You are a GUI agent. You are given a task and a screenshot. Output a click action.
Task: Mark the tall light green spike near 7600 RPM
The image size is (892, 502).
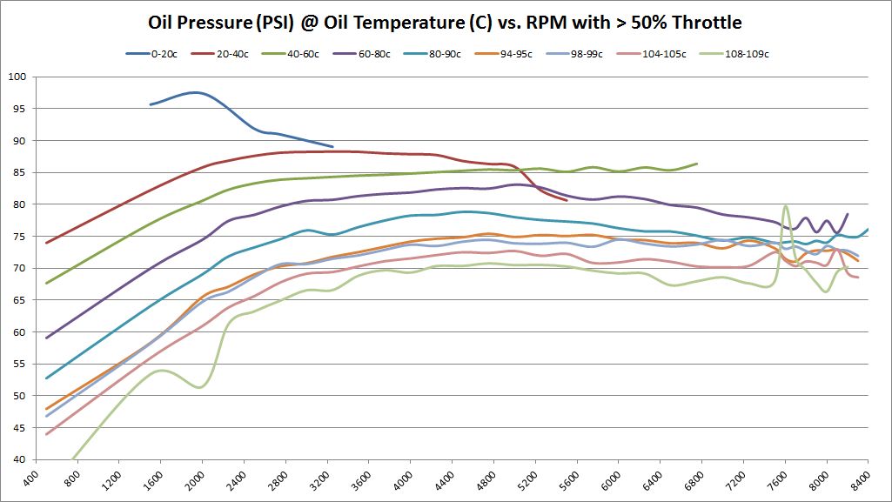[x=785, y=206]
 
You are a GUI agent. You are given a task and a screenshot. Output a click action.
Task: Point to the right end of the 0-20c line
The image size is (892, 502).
[x=332, y=147]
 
